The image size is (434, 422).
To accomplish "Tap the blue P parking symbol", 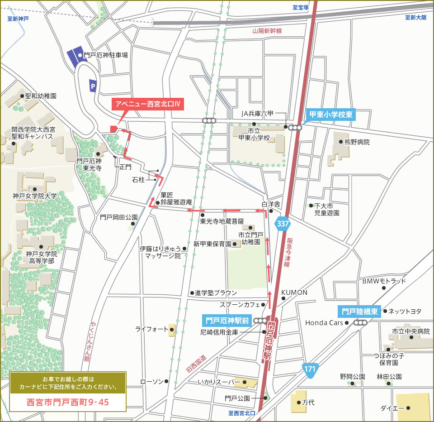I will pos(93,84).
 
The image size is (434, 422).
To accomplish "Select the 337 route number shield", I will pos(283,224).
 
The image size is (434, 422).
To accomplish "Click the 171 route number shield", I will pos(310,369).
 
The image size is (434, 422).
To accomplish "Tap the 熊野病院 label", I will pos(357,142).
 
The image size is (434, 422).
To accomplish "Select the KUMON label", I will pos(294,293).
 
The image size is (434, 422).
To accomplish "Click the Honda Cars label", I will pos(324,323).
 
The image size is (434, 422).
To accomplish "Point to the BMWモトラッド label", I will pos(384,281).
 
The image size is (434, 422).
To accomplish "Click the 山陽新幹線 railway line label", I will pos(267,31).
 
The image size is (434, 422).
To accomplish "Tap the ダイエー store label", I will pos(392,408).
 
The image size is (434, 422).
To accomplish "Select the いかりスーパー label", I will pos(219,383).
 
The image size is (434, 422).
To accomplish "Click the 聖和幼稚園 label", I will pos(41,96).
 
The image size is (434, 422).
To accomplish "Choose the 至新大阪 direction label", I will pos(416,18).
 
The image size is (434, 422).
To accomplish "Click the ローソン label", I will pos(152,382).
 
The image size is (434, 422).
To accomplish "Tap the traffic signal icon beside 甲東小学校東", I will pos(295,128).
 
